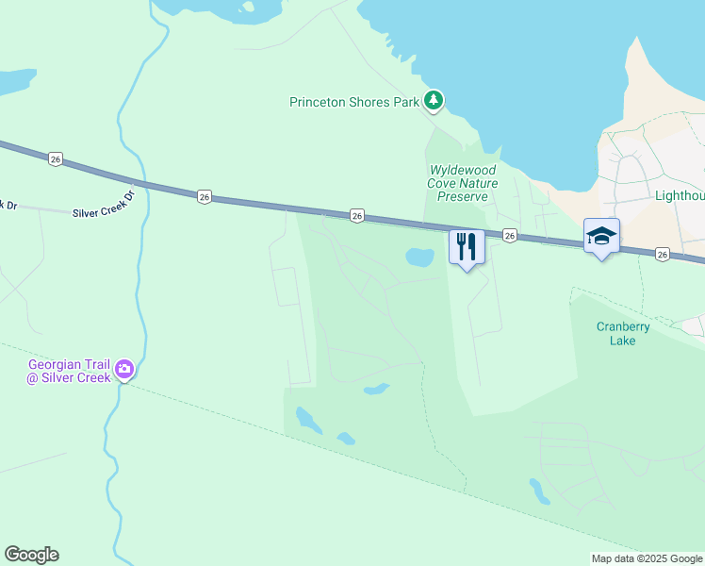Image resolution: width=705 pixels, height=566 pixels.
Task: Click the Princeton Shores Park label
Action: [x=353, y=101]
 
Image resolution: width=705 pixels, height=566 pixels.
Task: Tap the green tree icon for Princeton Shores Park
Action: [x=434, y=100]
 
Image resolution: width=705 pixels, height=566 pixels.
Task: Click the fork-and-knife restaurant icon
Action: [x=466, y=248]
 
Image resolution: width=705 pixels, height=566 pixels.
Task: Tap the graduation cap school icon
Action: [x=600, y=236]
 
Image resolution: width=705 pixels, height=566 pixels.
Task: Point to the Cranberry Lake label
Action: [x=616, y=333]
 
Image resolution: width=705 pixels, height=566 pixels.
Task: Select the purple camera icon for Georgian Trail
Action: [x=124, y=369]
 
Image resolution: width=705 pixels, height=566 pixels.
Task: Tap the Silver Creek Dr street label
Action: [x=104, y=213]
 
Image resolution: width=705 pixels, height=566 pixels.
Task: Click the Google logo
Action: [x=31, y=555]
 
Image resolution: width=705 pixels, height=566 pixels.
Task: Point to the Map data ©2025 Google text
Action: [x=647, y=558]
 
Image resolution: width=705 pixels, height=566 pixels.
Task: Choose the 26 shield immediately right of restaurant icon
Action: [x=509, y=235]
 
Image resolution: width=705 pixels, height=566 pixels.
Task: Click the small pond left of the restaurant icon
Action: [x=419, y=257]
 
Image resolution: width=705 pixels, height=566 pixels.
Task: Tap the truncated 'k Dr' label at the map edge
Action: [x=9, y=205]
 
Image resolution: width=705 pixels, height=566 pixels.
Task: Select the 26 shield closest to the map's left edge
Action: [x=56, y=159]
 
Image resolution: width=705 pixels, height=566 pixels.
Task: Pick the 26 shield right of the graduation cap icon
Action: [x=663, y=255]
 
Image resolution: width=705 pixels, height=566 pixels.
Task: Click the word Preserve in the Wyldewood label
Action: [x=462, y=196]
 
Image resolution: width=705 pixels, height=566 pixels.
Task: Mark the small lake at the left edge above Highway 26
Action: [x=14, y=82]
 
